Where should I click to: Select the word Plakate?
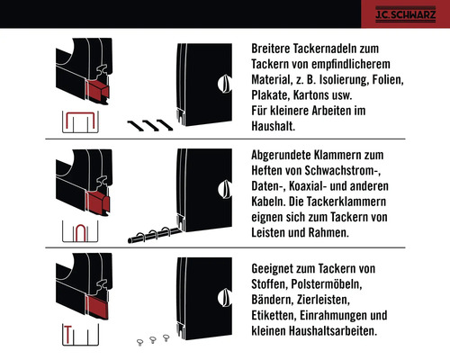click(x=272, y=96)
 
